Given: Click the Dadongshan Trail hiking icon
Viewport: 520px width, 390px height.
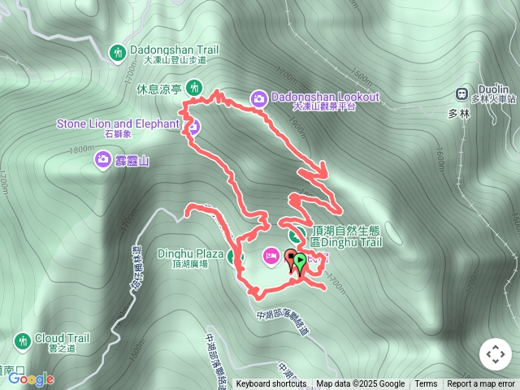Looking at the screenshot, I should (118, 52).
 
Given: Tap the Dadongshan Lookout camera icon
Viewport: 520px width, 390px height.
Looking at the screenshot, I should (259, 98).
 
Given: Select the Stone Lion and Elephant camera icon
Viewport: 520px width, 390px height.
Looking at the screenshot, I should (193, 126).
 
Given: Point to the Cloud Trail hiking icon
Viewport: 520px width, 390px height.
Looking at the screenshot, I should (22, 339).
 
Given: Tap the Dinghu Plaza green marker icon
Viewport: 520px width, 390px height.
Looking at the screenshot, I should (235, 258).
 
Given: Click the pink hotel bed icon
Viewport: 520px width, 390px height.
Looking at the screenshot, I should (271, 257).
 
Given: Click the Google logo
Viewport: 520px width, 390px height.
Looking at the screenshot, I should (31, 379).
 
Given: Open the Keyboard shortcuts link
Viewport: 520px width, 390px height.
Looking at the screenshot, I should (271, 384).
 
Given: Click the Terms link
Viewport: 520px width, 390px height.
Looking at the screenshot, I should (426, 384).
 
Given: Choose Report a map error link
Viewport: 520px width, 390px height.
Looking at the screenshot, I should (482, 384).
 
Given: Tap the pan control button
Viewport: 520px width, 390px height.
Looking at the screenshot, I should (495, 354).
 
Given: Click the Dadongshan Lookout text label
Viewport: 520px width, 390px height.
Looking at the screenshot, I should (325, 97).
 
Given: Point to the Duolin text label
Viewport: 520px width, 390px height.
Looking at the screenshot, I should (493, 89).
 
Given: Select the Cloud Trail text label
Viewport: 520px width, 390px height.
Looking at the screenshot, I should (62, 338).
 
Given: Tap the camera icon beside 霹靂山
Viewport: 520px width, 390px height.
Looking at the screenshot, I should (103, 158).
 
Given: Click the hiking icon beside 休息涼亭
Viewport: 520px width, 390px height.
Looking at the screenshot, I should (193, 87).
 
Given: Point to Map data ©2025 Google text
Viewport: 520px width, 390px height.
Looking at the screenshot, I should (360, 384).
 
